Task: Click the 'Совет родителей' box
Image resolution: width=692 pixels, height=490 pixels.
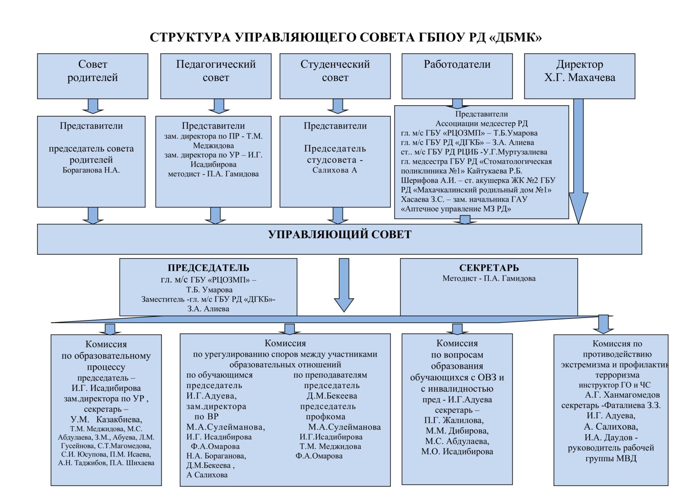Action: click(93, 76)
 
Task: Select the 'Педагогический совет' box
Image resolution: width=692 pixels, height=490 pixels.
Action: click(216, 76)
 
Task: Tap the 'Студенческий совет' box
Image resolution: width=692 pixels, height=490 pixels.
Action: click(335, 76)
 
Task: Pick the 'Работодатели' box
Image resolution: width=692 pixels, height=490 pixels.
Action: click(457, 76)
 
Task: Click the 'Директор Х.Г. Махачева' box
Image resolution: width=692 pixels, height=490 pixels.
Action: click(580, 76)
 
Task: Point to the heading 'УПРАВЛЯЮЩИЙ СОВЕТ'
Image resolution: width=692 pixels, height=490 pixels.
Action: click(340, 235)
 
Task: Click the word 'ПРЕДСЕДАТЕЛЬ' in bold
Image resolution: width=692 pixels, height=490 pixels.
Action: click(208, 268)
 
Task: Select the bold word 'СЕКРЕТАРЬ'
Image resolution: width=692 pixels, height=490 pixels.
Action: click(489, 268)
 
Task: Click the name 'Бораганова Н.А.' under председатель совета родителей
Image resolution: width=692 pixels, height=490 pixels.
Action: click(91, 170)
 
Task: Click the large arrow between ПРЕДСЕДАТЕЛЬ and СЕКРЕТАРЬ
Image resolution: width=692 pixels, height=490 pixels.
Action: click(344, 285)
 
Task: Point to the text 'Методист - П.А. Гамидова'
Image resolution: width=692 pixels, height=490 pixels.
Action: click(489, 278)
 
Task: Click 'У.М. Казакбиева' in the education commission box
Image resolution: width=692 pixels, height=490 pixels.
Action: click(106, 420)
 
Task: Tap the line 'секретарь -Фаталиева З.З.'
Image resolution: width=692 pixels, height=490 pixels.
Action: click(611, 405)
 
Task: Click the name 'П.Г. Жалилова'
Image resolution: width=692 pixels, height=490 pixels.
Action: click(454, 420)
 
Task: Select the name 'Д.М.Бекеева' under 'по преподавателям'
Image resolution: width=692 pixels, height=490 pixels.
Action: click(332, 396)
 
